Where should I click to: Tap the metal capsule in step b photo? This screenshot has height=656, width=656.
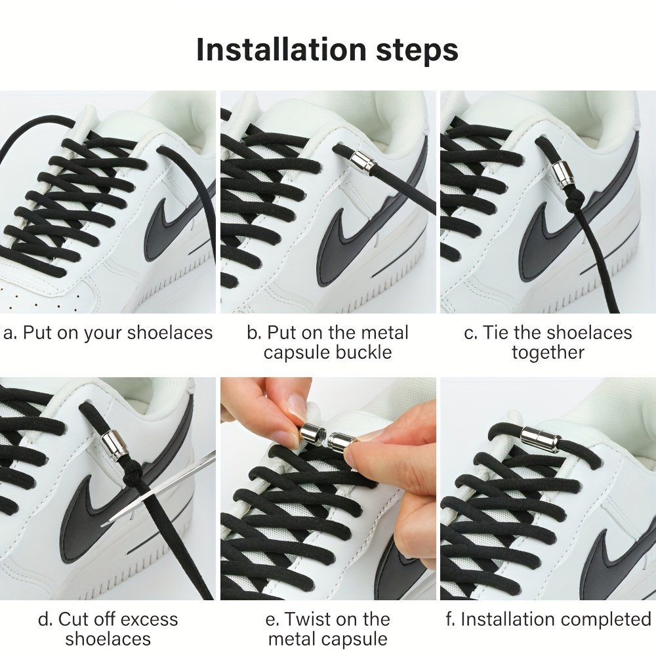363,163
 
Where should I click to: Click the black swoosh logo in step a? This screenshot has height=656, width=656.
176,225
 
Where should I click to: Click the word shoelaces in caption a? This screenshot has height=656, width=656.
170,333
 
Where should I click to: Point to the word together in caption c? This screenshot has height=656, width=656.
548,353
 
